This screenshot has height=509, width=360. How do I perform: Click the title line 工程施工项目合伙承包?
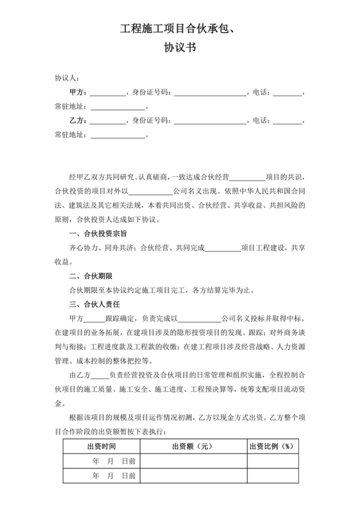pos(179,29)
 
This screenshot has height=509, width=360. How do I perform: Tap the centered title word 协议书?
pos(179,48)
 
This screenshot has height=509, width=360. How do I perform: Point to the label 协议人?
pos(67,78)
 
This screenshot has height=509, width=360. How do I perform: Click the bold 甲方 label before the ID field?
pos(77,93)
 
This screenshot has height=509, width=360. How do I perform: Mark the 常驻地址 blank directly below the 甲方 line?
pos(118,107)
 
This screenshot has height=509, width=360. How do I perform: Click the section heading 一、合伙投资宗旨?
pos(97,234)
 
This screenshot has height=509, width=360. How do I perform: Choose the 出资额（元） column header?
pos(193,447)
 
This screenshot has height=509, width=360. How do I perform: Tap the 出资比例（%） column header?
pos(271,447)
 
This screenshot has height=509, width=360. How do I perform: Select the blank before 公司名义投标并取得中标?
pos(199,319)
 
